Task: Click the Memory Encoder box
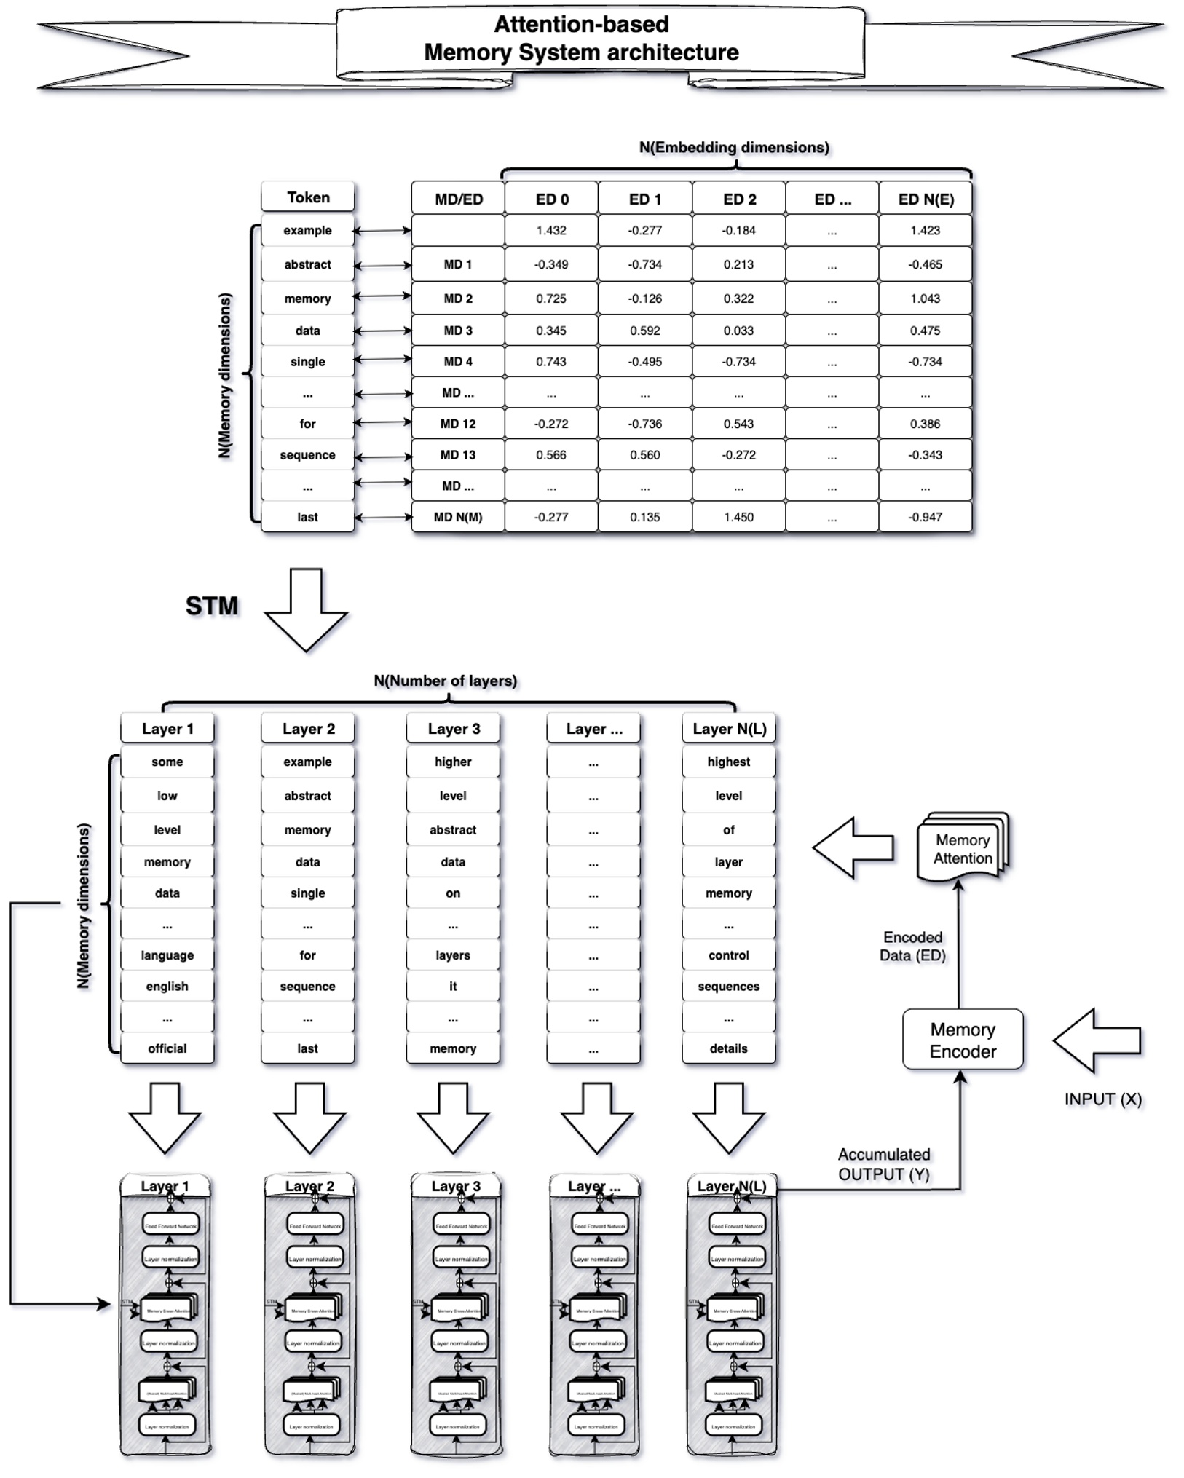(962, 1039)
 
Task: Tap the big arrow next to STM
(306, 609)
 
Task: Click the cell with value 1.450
(738, 517)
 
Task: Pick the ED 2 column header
(739, 199)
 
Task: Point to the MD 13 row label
(458, 455)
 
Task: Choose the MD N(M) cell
(458, 517)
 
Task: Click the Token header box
(308, 197)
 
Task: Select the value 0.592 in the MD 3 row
(644, 331)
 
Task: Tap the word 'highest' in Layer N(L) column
(728, 762)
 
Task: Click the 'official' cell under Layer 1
(167, 1048)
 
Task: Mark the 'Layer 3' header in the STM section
(453, 729)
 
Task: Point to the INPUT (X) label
(1102, 1099)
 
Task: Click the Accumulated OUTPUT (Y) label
(884, 1164)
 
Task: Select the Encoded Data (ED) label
(912, 947)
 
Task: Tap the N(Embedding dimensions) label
(734, 148)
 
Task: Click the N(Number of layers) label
(445, 681)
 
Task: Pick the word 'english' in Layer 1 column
(167, 987)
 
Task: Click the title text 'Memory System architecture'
(581, 52)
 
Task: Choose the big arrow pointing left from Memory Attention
(853, 847)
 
